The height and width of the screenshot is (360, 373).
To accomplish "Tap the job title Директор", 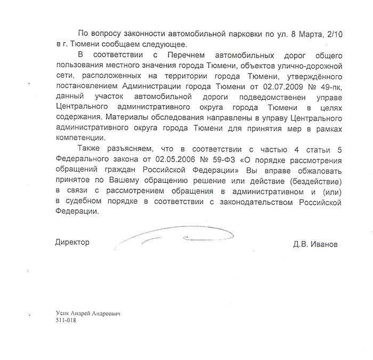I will [72, 242].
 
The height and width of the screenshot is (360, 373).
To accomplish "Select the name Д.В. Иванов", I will [315, 245].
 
